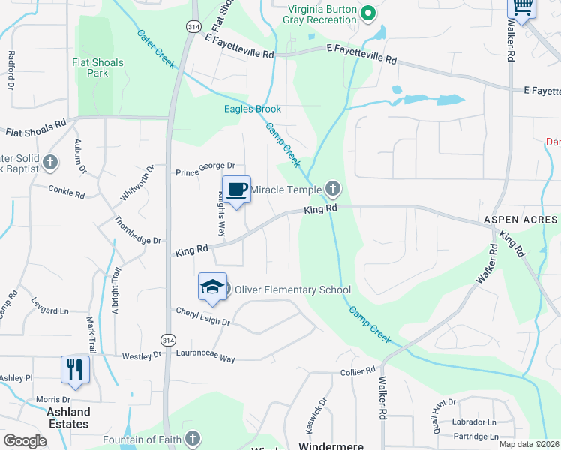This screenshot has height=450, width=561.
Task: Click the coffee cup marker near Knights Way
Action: (x=236, y=190)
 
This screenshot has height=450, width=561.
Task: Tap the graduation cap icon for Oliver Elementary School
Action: (x=212, y=286)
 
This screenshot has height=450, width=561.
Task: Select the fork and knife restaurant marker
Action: (x=76, y=368)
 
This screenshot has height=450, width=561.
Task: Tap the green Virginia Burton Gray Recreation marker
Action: (x=367, y=13)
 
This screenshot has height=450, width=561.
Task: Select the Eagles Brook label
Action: (x=253, y=109)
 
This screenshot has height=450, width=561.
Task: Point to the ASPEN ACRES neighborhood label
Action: (x=520, y=220)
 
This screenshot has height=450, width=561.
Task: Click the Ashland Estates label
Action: (x=68, y=418)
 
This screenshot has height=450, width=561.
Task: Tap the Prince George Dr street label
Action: (x=205, y=168)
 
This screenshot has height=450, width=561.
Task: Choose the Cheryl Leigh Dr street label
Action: (x=202, y=316)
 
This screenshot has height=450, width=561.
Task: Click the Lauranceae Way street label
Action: (x=205, y=355)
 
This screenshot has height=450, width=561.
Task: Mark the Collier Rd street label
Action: (x=357, y=371)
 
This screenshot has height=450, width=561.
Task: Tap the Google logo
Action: (x=25, y=441)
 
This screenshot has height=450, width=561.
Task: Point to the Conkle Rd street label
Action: (x=67, y=192)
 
